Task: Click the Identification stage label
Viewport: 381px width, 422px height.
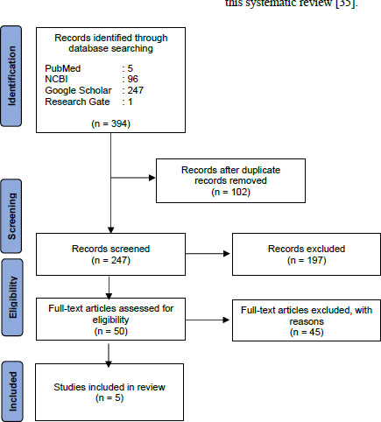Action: click(11, 76)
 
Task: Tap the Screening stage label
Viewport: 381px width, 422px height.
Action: click(11, 216)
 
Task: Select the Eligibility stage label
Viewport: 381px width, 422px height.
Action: click(11, 298)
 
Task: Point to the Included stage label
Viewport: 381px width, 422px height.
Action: click(11, 391)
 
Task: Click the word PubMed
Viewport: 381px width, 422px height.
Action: click(63, 68)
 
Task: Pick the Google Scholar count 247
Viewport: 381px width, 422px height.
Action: click(136, 90)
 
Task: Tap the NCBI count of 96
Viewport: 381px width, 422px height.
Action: click(133, 79)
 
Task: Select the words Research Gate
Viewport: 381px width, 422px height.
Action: click(77, 102)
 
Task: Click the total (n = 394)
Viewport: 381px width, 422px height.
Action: click(111, 123)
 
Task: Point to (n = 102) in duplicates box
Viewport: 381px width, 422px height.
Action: click(230, 192)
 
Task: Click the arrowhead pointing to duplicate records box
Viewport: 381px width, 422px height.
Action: click(152, 178)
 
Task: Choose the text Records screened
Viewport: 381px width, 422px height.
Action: click(111, 249)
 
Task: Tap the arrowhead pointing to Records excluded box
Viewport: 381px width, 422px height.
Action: click(227, 254)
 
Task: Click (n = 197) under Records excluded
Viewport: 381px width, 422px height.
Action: click(307, 260)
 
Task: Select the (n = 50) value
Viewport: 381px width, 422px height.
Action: click(111, 331)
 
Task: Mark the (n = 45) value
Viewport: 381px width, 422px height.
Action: click(307, 332)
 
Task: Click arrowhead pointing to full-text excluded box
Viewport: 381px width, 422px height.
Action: click(226, 320)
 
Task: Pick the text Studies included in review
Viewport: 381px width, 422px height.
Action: click(109, 387)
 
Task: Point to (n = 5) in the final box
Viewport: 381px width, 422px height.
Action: click(109, 397)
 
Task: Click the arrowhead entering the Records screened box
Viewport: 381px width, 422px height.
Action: click(110, 230)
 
